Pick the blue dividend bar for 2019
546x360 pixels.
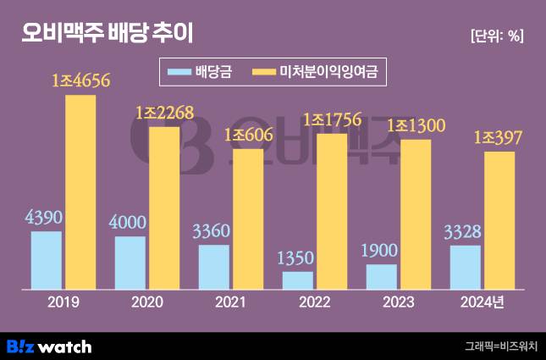pos(47,258)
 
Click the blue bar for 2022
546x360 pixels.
pos(298,279)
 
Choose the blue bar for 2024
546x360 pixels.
pos(465,265)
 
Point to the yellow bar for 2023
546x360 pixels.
pos(416,213)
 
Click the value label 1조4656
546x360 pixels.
pos(82,82)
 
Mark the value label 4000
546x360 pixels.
pos(130,224)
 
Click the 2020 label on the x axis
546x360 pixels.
pos(147,301)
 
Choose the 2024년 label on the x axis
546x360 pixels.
pos(482,301)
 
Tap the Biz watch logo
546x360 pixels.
pos(49,346)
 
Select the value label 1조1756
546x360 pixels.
pos(332,120)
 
